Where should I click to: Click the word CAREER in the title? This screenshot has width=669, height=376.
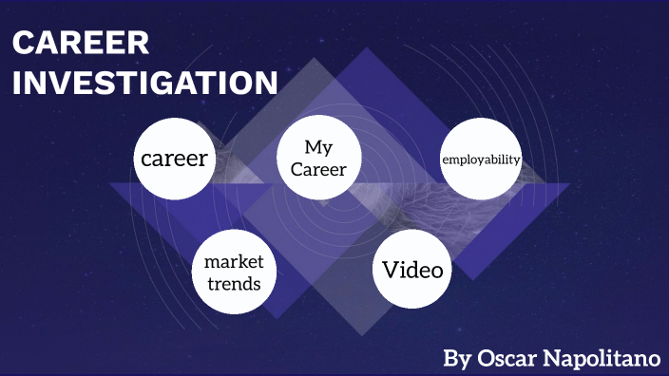coord(81,44)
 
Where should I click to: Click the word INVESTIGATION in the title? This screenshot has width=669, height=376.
coord(145,83)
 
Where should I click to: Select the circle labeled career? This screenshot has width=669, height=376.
coord(174,159)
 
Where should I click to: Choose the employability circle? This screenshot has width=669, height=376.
coord(481,159)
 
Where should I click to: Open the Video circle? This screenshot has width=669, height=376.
coord(411,270)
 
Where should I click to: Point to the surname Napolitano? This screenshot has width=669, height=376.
coord(601,359)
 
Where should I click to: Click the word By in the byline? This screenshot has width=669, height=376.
coord(457,360)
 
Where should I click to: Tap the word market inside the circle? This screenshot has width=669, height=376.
coord(234,261)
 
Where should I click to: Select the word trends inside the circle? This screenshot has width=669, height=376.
coord(234,283)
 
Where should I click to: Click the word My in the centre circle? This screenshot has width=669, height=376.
coord(317,147)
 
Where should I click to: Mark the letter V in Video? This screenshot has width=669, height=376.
coord(389,270)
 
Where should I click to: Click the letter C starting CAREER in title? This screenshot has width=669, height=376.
coord(24,44)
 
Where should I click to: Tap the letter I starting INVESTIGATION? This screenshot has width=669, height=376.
coord(18,83)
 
